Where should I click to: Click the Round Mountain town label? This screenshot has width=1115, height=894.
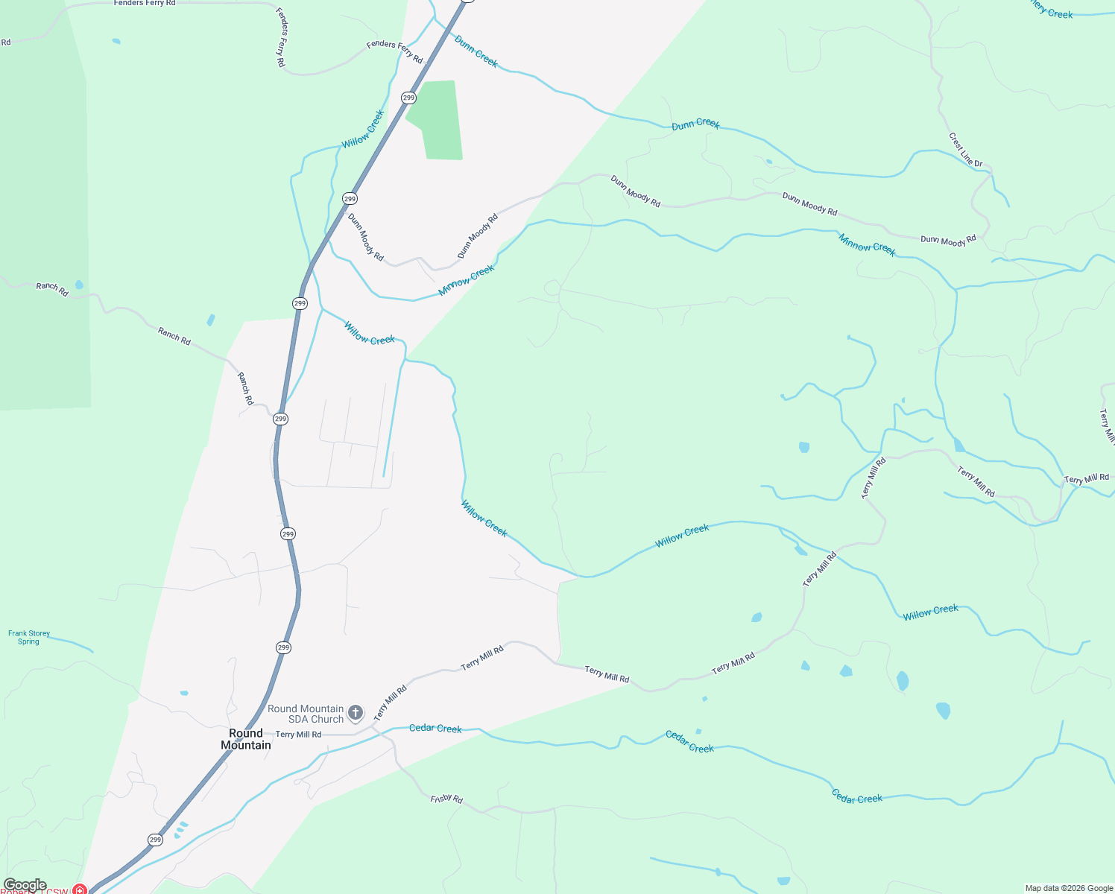[246, 739]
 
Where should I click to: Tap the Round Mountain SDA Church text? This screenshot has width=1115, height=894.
[306, 714]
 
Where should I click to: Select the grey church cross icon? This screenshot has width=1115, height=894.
[356, 712]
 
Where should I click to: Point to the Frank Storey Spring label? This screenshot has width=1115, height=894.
[29, 637]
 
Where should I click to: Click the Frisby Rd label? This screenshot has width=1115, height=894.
[446, 799]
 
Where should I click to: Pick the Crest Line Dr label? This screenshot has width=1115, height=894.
[965, 150]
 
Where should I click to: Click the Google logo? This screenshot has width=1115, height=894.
[25, 885]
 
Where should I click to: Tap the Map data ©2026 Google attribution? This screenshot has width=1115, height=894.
[1068, 888]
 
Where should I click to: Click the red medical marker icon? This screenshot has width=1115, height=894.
[79, 890]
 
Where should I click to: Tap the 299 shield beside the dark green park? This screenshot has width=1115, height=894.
[408, 98]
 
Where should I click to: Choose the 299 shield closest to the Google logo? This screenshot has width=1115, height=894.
[155, 840]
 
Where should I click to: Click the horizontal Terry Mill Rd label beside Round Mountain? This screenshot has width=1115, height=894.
[298, 735]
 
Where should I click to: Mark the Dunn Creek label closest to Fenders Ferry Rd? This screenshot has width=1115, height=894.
[476, 51]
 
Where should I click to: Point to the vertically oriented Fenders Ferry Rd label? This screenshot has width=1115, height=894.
[281, 37]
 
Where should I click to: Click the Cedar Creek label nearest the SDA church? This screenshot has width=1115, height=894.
[435, 728]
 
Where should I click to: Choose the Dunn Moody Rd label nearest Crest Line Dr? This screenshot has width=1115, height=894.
[948, 241]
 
